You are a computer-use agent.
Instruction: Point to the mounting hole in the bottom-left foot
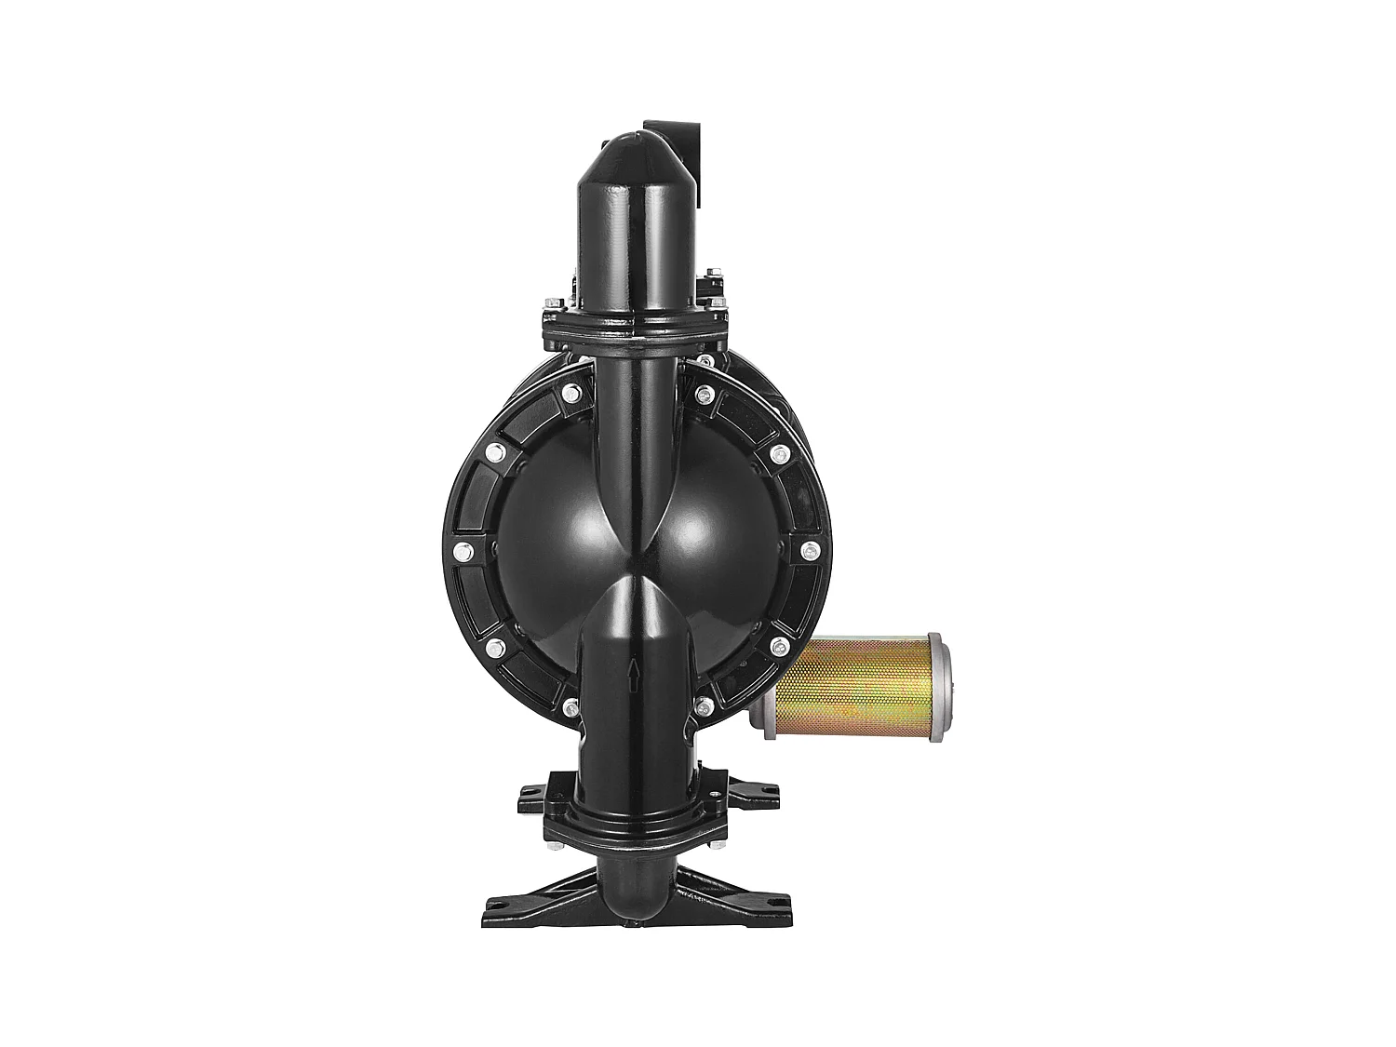(x=499, y=901)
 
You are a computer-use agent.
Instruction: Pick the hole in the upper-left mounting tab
(x=531, y=791)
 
